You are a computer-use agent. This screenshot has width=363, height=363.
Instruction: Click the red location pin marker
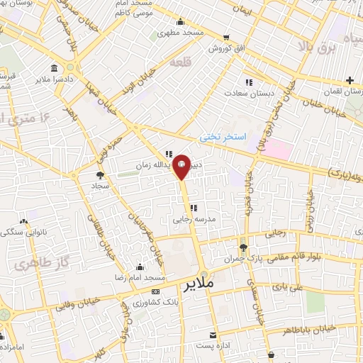coord(181,165)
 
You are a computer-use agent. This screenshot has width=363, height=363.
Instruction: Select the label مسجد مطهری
coord(181,33)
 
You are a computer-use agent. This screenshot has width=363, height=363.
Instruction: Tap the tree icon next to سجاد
coord(100,174)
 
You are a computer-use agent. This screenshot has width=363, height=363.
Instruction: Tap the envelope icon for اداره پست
coord(211,334)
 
